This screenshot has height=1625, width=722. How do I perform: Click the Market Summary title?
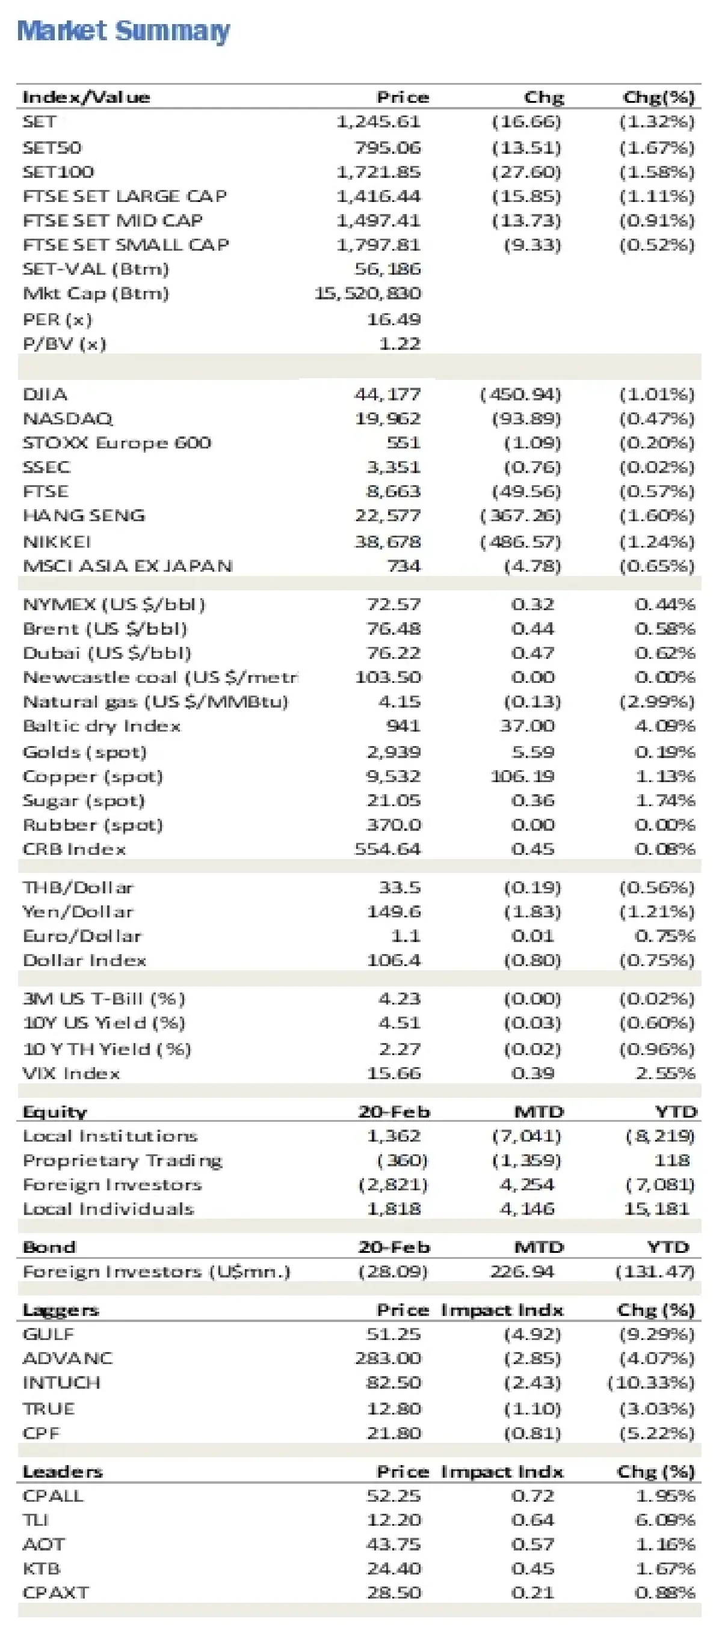(x=123, y=31)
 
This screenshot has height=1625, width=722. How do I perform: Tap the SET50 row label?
(x=52, y=148)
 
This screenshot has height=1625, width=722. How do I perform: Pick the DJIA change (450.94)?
(x=520, y=394)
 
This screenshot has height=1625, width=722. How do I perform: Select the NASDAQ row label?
(x=67, y=419)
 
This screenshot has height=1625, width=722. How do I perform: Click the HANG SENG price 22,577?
(x=387, y=515)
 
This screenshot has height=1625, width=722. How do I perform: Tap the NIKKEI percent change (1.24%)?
(x=656, y=542)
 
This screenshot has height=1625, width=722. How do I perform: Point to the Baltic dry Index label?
(x=102, y=726)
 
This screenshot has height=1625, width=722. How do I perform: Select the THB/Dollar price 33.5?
(x=399, y=887)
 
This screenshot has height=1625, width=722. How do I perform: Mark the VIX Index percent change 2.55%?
(x=665, y=1073)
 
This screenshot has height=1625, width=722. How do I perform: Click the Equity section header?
(x=55, y=1112)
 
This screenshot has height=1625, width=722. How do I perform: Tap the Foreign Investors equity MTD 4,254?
(x=526, y=1185)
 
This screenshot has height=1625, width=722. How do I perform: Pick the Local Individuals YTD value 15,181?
(x=656, y=1208)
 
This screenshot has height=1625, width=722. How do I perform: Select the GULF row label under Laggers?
(x=48, y=1334)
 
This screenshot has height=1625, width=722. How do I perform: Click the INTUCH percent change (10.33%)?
(x=650, y=1383)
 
